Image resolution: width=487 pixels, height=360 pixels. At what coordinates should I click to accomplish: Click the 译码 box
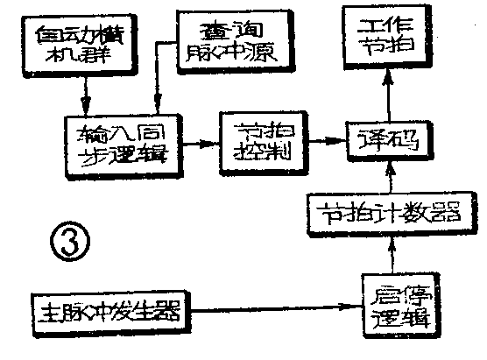[x=385, y=138]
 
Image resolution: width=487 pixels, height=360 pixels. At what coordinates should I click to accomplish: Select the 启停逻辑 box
[x=395, y=304]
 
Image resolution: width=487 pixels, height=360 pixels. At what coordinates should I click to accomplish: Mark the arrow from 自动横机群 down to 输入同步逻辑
[x=85, y=93]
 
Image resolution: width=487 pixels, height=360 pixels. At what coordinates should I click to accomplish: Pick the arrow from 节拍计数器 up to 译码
[x=386, y=175]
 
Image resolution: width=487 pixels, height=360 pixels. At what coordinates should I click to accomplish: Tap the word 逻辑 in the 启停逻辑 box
[x=395, y=316]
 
